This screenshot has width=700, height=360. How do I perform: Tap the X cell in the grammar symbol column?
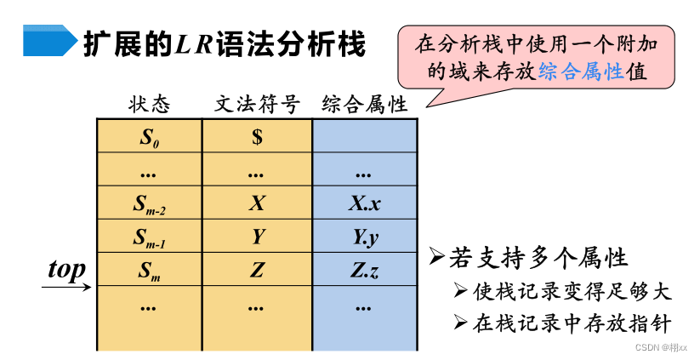coord(257,203)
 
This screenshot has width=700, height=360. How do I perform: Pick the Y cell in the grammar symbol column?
coord(257,237)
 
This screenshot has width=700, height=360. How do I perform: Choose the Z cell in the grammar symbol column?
coord(257,271)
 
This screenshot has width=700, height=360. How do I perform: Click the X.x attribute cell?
coord(364,203)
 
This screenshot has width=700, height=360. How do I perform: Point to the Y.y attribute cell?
coord(364,237)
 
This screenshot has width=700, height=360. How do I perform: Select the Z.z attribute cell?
coord(364,271)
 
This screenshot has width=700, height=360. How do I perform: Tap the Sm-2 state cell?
coord(149,204)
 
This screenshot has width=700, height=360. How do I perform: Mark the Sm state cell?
coord(149,271)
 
